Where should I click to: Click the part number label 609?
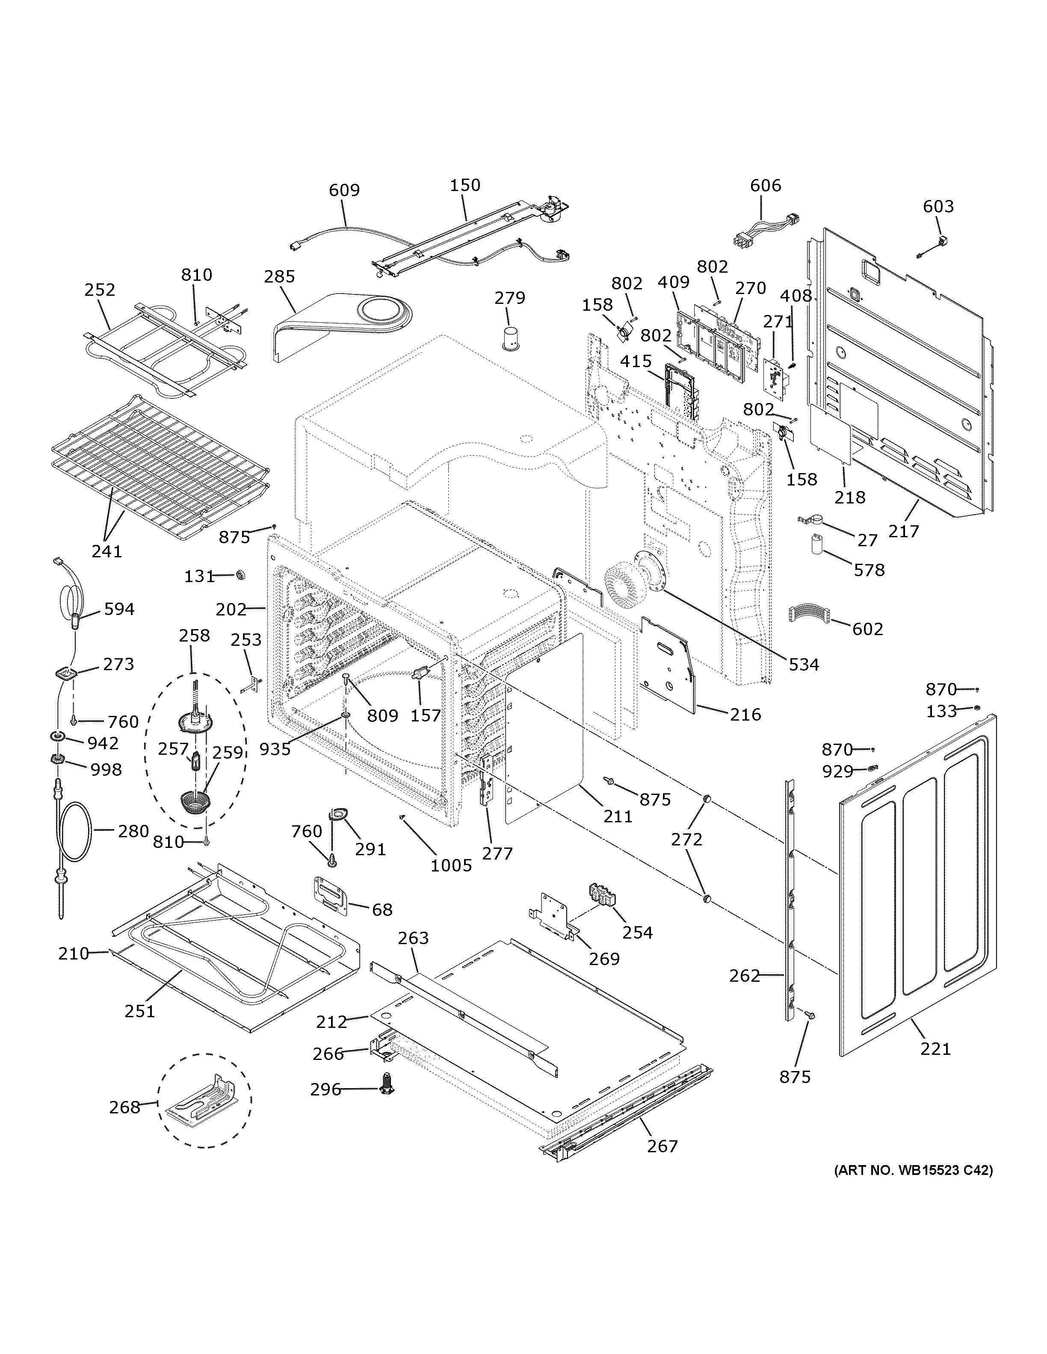coord(344,190)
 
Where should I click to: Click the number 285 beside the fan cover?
coord(279,277)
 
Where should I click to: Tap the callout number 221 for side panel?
coord(935,1048)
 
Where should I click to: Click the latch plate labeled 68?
coord(331,893)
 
